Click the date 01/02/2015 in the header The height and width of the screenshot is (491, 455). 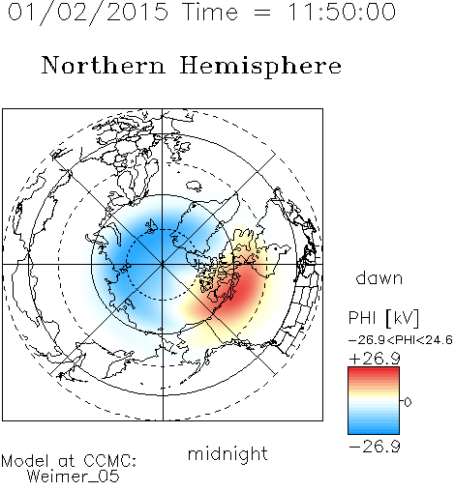click(x=88, y=13)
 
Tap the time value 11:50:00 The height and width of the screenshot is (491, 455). click(x=342, y=12)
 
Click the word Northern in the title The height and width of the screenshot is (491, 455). click(x=104, y=65)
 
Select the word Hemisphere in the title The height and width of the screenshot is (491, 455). click(x=260, y=67)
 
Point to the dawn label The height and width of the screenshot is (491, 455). click(x=379, y=277)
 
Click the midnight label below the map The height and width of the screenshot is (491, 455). click(x=227, y=453)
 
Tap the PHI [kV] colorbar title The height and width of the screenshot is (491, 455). click(x=384, y=318)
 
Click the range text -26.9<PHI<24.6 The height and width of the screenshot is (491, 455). click(x=401, y=340)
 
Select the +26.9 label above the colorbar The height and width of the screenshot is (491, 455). click(x=375, y=359)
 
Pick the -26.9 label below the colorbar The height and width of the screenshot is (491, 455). click(x=375, y=447)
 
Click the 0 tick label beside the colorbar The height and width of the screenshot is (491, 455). click(x=408, y=402)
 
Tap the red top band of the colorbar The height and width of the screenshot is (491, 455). click(x=374, y=370)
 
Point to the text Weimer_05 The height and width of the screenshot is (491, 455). click(x=74, y=477)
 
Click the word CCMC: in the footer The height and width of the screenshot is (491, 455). click(x=110, y=461)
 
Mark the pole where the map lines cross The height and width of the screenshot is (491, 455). click(x=163, y=265)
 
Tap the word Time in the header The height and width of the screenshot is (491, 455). click(x=210, y=12)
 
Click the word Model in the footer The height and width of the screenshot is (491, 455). click(x=25, y=461)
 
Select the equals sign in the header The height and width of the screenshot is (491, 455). click(x=262, y=13)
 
